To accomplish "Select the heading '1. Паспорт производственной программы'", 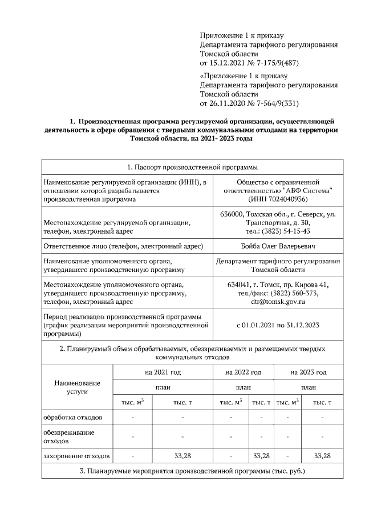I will (x=192, y=167).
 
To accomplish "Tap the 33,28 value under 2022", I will (x=261, y=456).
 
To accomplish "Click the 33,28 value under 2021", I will (x=182, y=456).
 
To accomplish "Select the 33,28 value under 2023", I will (x=322, y=456).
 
